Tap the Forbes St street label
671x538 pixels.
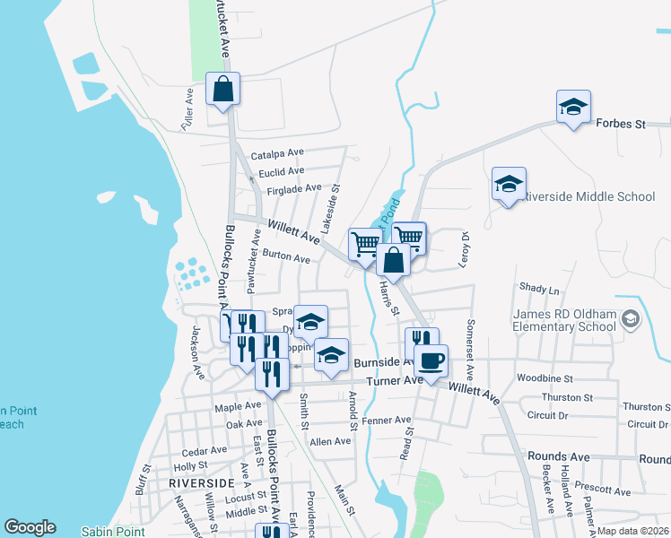pyautogui.click(x=621, y=124)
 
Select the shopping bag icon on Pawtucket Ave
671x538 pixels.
pyautogui.click(x=222, y=90)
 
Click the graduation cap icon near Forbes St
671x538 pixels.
pyautogui.click(x=572, y=108)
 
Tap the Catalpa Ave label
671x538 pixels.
pyautogui.click(x=278, y=154)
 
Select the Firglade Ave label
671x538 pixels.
pyautogui.click(x=288, y=188)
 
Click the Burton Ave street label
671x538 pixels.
pyautogui.click(x=286, y=257)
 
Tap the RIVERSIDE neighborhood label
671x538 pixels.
pyautogui.click(x=201, y=482)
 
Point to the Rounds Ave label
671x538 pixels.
pyautogui.click(x=559, y=456)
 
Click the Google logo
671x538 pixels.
pyautogui.click(x=30, y=527)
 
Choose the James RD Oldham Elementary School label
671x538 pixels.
pyautogui.click(x=565, y=320)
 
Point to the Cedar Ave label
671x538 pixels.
pyautogui.click(x=205, y=450)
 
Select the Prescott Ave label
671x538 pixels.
pyautogui.click(x=606, y=491)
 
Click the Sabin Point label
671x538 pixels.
pyautogui.click(x=113, y=532)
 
